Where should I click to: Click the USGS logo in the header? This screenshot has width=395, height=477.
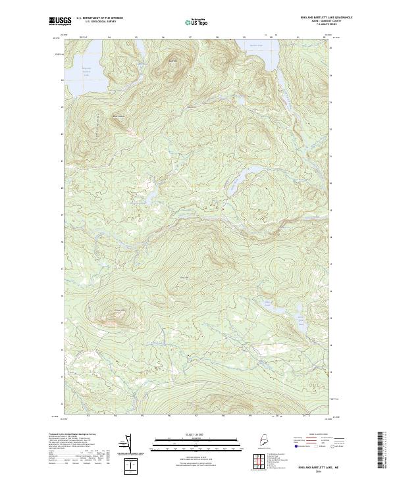60,22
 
